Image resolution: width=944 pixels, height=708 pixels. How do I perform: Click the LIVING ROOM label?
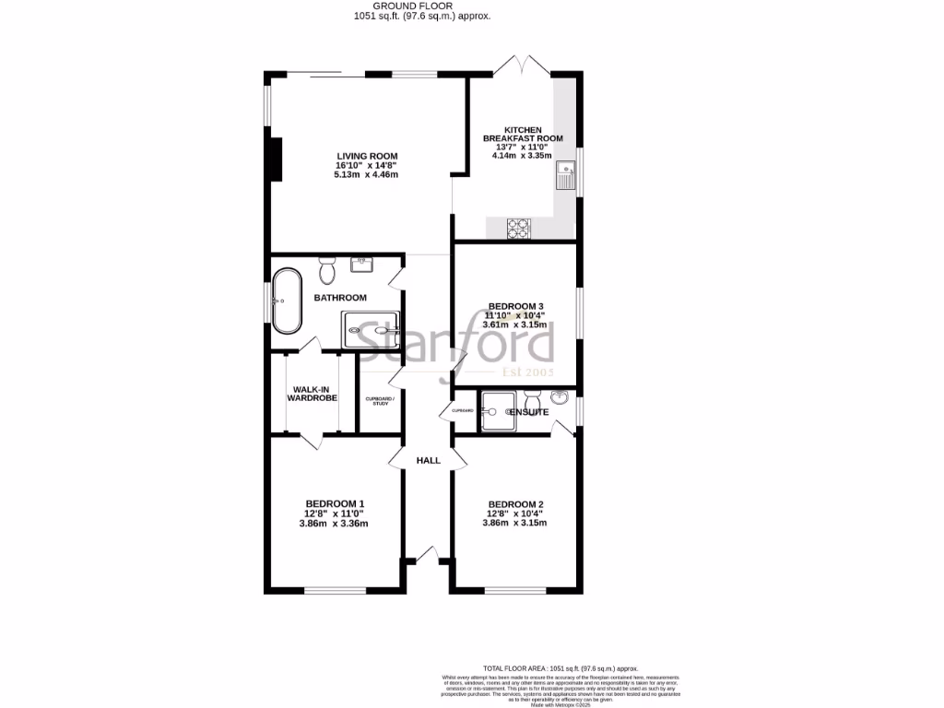pos(366,156)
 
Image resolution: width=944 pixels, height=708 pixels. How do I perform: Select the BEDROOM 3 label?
pos(515,306)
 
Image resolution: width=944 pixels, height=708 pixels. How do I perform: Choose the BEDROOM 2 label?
pos(516,503)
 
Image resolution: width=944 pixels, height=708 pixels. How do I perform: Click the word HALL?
pos(429,460)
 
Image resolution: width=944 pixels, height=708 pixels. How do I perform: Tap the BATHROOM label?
pos(340,298)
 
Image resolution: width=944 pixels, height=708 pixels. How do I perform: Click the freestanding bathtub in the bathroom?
pos(286,301)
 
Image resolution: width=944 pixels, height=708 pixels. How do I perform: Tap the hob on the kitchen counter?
pos(518,228)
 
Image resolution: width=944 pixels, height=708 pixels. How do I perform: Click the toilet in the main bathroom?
pos(326,272)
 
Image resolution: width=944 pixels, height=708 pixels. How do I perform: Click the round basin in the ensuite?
pos(560,398)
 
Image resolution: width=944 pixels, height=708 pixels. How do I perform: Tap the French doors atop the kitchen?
pos(513,66)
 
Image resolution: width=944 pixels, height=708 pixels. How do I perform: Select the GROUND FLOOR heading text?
pos(424,6)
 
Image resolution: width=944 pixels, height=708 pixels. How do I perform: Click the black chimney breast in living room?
pos(274,159)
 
